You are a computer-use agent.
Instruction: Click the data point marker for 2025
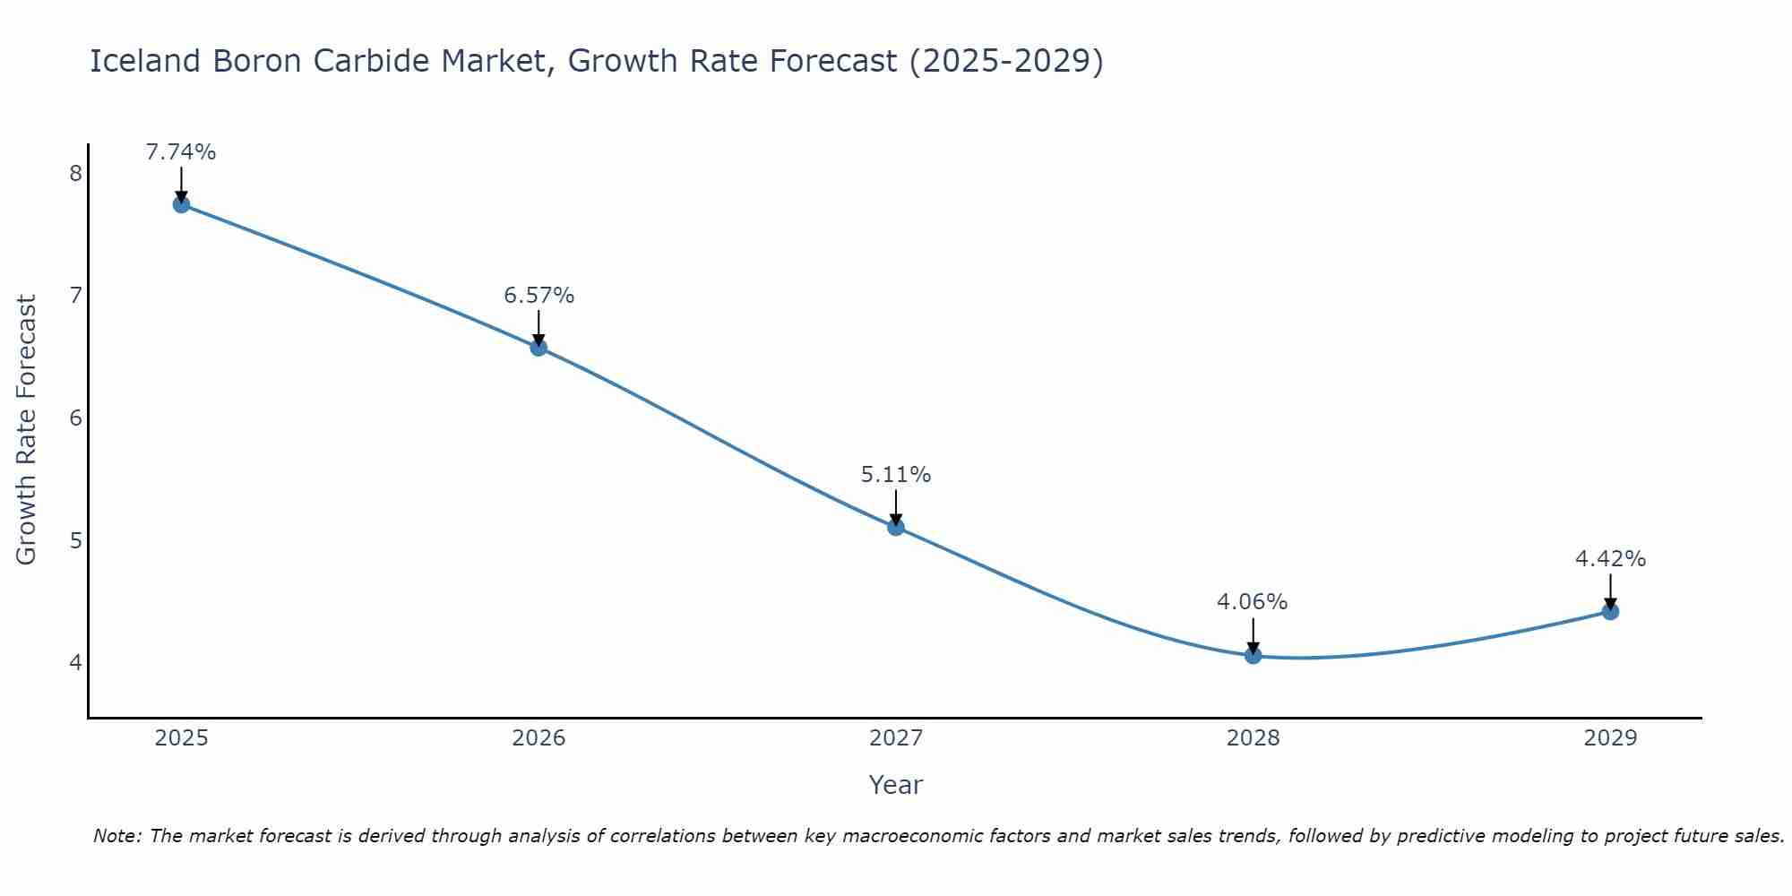click(181, 204)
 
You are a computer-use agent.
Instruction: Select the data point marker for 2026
click(538, 348)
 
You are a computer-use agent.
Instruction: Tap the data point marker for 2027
click(896, 527)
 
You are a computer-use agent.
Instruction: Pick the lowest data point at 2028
click(1253, 655)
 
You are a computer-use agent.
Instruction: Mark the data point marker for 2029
click(1610, 611)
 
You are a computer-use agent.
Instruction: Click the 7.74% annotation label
click(181, 152)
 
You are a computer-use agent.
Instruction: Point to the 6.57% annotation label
click(538, 296)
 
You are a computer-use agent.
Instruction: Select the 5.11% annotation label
click(896, 475)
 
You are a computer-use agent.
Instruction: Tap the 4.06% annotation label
click(1252, 602)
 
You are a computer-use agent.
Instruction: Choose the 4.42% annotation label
click(1610, 559)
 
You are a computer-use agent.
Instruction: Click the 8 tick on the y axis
click(75, 173)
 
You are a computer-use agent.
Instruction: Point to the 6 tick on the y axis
click(75, 418)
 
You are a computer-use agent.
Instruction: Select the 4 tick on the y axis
click(75, 663)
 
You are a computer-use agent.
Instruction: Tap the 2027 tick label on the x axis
click(896, 738)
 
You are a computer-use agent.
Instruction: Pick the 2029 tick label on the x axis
click(1610, 738)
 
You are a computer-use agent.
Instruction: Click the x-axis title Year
click(896, 785)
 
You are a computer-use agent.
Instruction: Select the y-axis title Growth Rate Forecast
click(27, 430)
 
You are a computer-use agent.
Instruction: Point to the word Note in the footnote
click(116, 836)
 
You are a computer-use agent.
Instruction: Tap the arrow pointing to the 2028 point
click(1253, 634)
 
